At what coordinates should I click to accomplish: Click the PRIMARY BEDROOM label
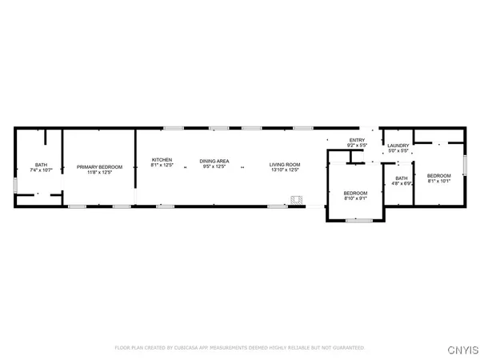click(100, 167)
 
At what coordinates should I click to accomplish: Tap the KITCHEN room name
click(162, 161)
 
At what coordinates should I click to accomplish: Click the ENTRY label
click(356, 140)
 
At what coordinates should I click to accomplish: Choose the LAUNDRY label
click(398, 146)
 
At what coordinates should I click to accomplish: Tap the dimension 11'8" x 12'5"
click(100, 173)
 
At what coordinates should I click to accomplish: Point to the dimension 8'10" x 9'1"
click(355, 198)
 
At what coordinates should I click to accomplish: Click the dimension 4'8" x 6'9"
click(401, 183)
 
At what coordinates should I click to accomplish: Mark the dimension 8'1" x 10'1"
click(438, 181)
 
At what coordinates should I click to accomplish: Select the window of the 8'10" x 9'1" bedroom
click(356, 220)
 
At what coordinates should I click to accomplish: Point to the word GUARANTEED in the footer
click(348, 348)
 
